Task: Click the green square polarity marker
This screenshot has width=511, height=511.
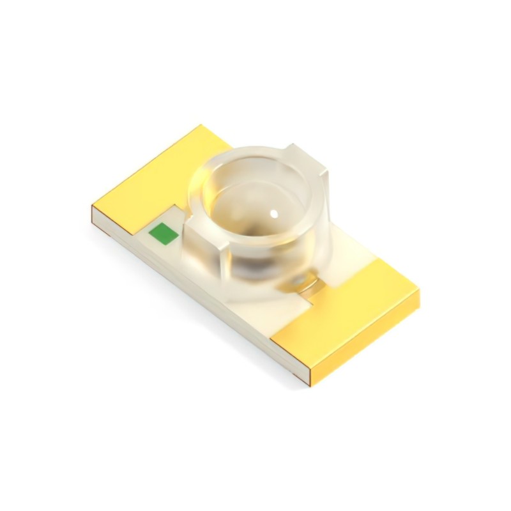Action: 162,234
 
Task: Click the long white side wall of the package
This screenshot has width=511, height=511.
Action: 192,294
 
